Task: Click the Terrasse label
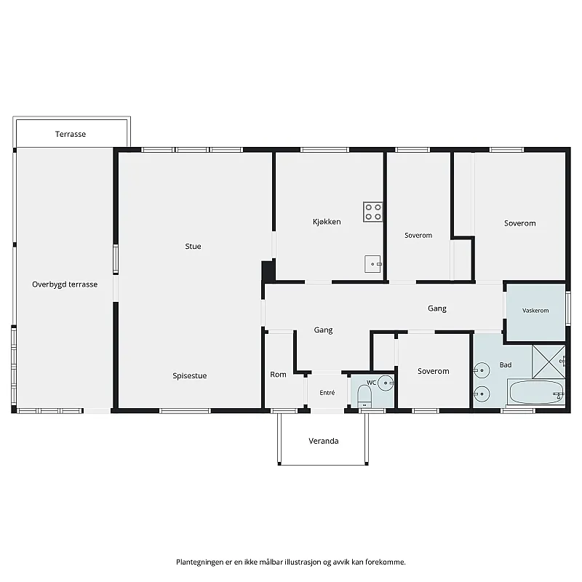click(x=71, y=134)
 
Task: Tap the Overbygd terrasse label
click(x=65, y=284)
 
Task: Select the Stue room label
click(x=193, y=246)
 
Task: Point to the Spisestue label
click(x=190, y=375)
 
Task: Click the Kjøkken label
click(x=327, y=222)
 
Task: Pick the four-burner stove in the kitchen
click(x=373, y=212)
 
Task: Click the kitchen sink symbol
click(x=373, y=264)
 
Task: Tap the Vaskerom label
click(x=535, y=311)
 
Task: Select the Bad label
click(x=506, y=365)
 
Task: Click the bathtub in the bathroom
click(x=537, y=392)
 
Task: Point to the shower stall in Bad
click(x=549, y=362)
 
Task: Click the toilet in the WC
click(x=364, y=396)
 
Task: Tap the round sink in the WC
click(x=386, y=383)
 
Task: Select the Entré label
click(x=327, y=393)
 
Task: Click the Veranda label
click(x=324, y=441)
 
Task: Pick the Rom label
click(x=278, y=375)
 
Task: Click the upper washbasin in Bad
click(x=482, y=370)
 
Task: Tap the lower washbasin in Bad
click(x=482, y=394)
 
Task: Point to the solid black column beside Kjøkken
click(x=268, y=271)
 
